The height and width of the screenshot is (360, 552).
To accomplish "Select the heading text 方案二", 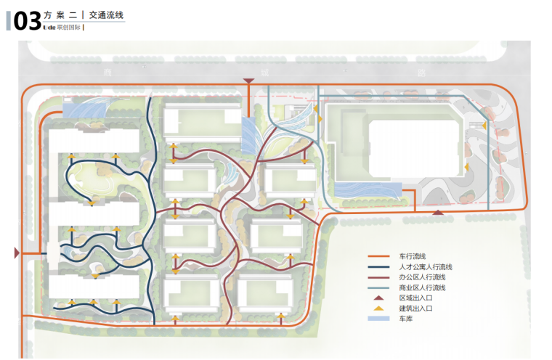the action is (x=61, y=15).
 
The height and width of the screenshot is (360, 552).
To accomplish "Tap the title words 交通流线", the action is (x=105, y=15).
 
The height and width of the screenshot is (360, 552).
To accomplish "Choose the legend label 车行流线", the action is (x=412, y=256).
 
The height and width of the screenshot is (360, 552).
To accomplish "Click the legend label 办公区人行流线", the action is (x=422, y=277).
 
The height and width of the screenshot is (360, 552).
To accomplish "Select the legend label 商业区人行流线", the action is (x=422, y=287).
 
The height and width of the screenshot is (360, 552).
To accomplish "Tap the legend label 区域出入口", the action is (x=415, y=298).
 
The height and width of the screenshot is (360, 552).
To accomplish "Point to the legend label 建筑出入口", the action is (x=415, y=308).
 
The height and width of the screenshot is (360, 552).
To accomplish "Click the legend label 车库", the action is (x=405, y=319).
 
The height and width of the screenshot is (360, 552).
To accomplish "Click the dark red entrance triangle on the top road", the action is (x=249, y=81).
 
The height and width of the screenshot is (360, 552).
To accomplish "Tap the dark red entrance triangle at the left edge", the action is (x=17, y=253).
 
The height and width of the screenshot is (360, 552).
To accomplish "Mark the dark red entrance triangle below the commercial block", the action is (x=438, y=212).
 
